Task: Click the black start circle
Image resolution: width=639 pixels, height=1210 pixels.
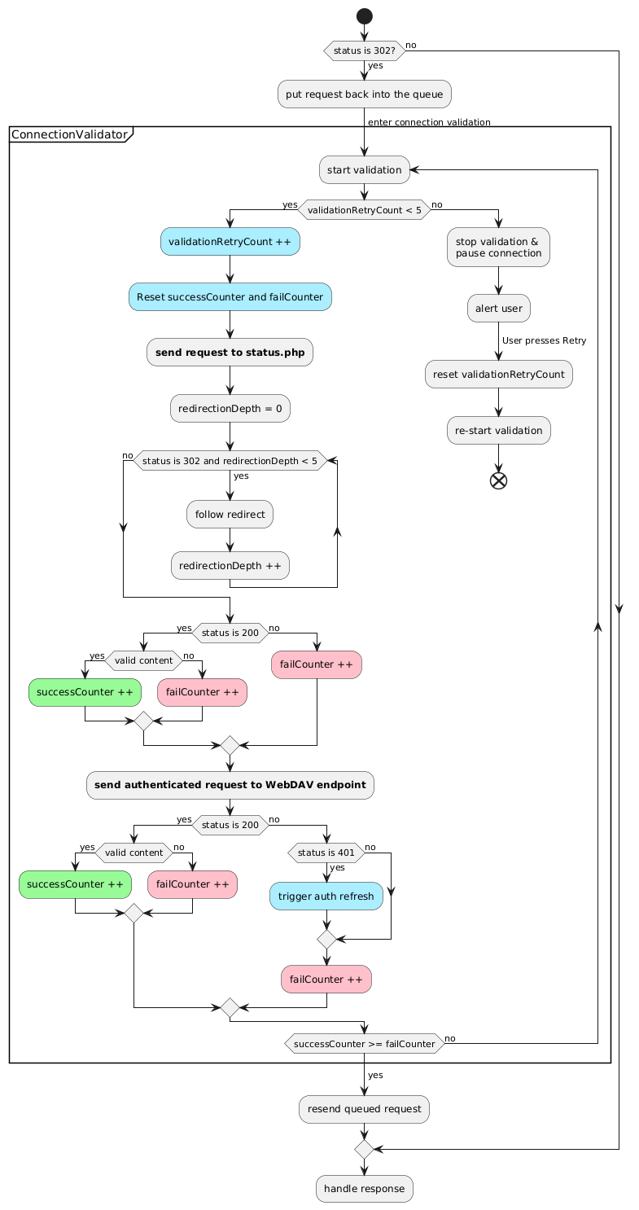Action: (x=365, y=16)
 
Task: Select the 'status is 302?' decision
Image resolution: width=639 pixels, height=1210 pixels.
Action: (x=365, y=50)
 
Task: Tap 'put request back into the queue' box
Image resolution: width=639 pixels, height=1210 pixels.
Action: (x=365, y=94)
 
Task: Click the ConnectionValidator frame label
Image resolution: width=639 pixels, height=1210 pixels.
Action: (x=70, y=134)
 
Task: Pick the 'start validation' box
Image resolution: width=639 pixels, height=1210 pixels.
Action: (x=365, y=170)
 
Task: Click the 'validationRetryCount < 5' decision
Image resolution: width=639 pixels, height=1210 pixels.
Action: (x=365, y=209)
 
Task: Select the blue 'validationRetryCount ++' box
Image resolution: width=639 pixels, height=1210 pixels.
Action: (x=230, y=242)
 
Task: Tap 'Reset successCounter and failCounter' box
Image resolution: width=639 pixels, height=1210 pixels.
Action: (x=230, y=297)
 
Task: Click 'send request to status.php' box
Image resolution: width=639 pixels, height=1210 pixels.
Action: (x=230, y=353)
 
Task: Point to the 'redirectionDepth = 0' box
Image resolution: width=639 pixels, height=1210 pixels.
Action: (x=230, y=409)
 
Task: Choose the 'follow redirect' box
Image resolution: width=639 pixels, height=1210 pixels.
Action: (x=230, y=515)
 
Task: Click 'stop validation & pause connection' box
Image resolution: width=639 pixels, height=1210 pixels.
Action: (x=498, y=247)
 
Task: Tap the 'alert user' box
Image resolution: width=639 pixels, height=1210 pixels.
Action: (x=499, y=309)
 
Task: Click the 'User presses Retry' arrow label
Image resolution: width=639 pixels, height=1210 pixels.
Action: (x=544, y=341)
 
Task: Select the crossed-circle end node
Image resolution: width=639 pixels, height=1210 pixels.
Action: (x=498, y=480)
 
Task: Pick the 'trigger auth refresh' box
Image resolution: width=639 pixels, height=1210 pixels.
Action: (x=326, y=897)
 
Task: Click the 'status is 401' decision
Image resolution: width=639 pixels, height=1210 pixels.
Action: (x=326, y=853)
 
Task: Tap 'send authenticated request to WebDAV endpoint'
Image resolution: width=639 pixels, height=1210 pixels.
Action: (x=230, y=785)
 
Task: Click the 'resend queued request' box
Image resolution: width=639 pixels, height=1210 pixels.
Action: (x=365, y=1109)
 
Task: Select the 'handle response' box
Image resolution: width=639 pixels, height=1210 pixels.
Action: (x=365, y=1188)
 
